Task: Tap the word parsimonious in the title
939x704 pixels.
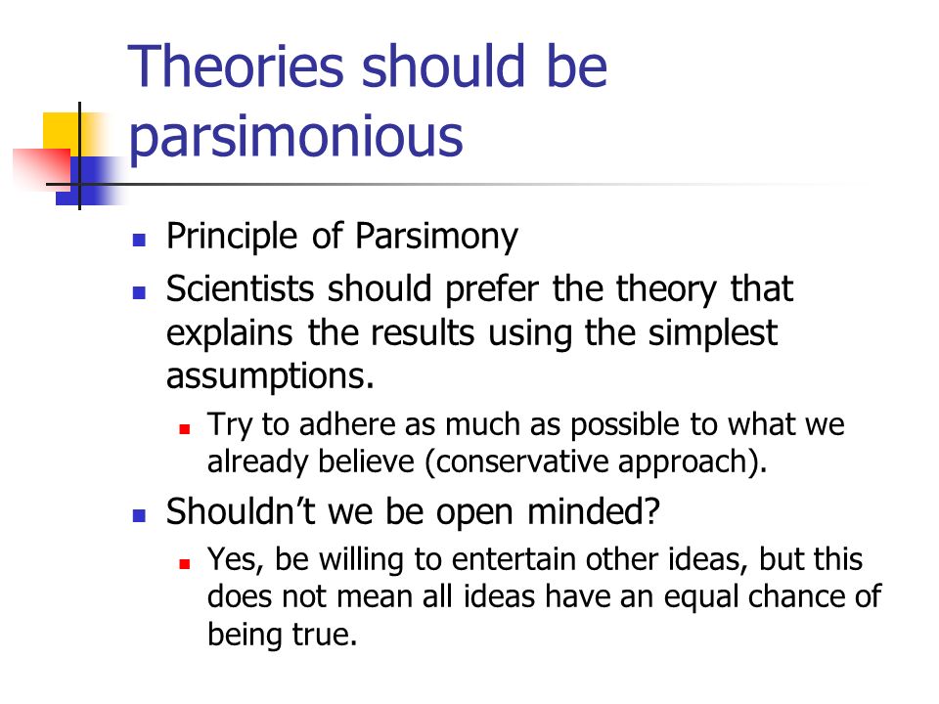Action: point(295,137)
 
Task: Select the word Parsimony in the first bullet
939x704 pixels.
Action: point(436,237)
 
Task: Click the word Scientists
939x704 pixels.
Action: point(241,288)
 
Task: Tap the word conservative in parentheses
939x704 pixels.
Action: point(518,462)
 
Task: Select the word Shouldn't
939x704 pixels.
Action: point(241,511)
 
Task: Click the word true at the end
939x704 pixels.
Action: point(324,634)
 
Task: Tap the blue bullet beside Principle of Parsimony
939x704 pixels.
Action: point(139,241)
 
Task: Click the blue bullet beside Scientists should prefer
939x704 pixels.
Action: point(139,292)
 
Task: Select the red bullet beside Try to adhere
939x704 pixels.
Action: point(185,428)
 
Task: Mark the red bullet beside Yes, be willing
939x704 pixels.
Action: point(185,563)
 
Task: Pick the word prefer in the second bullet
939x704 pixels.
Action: point(492,289)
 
